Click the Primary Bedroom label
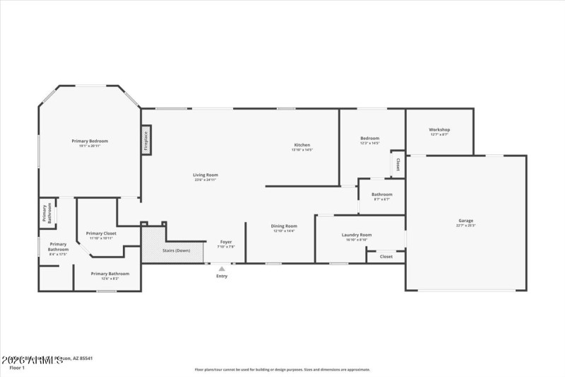pyautogui.click(x=90, y=141)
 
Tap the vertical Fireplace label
pyautogui.click(x=146, y=140)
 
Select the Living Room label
pyautogui.click(x=206, y=175)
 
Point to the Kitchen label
pyautogui.click(x=302, y=144)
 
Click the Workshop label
pyautogui.click(x=439, y=129)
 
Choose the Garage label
pyautogui.click(x=465, y=220)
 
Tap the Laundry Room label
pyautogui.click(x=356, y=234)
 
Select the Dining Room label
pyautogui.click(x=284, y=226)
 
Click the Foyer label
pyautogui.click(x=225, y=242)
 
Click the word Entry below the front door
pyautogui.click(x=222, y=276)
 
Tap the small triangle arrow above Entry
pyautogui.click(x=222, y=268)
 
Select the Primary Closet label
pyautogui.click(x=101, y=233)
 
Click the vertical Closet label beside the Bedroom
pyautogui.click(x=398, y=165)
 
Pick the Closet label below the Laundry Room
pyautogui.click(x=386, y=256)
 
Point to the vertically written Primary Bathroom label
pyautogui.click(x=47, y=214)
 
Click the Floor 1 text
pyautogui.click(x=17, y=368)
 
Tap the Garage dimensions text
pyautogui.click(x=465, y=226)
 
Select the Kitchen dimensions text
pyautogui.click(x=302, y=150)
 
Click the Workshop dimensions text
pyautogui.click(x=439, y=134)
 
